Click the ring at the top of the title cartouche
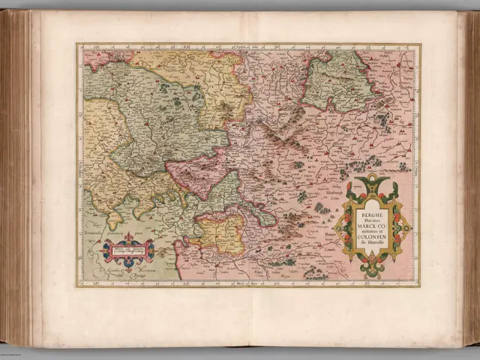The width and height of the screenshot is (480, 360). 373,181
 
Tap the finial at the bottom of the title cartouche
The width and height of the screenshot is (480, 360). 373,274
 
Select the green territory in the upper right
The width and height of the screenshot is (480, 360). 333,79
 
